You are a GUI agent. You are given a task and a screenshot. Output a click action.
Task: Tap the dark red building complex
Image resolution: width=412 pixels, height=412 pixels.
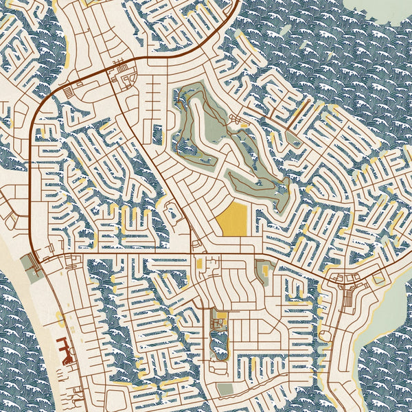point(66,351)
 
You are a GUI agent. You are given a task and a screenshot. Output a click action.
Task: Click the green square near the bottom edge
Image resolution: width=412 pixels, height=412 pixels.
point(226,389)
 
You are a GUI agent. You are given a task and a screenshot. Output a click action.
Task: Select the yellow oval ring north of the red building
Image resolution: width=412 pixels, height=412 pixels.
point(60,319)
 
